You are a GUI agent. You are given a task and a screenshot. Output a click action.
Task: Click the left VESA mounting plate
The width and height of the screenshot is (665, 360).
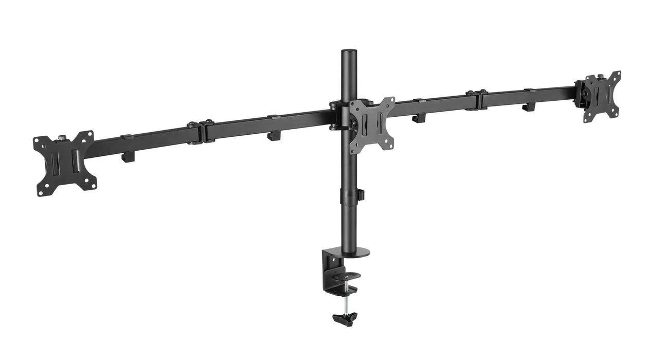point(64,163)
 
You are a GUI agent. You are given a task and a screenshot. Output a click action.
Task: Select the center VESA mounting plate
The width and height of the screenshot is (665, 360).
point(372,125)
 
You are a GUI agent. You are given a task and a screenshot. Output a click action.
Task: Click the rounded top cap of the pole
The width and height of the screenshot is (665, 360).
point(348,52)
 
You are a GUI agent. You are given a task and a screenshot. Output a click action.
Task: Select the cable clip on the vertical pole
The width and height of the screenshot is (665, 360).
point(361,195)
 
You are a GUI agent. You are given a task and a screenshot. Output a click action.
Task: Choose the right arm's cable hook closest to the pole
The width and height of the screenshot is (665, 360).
point(419,118)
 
